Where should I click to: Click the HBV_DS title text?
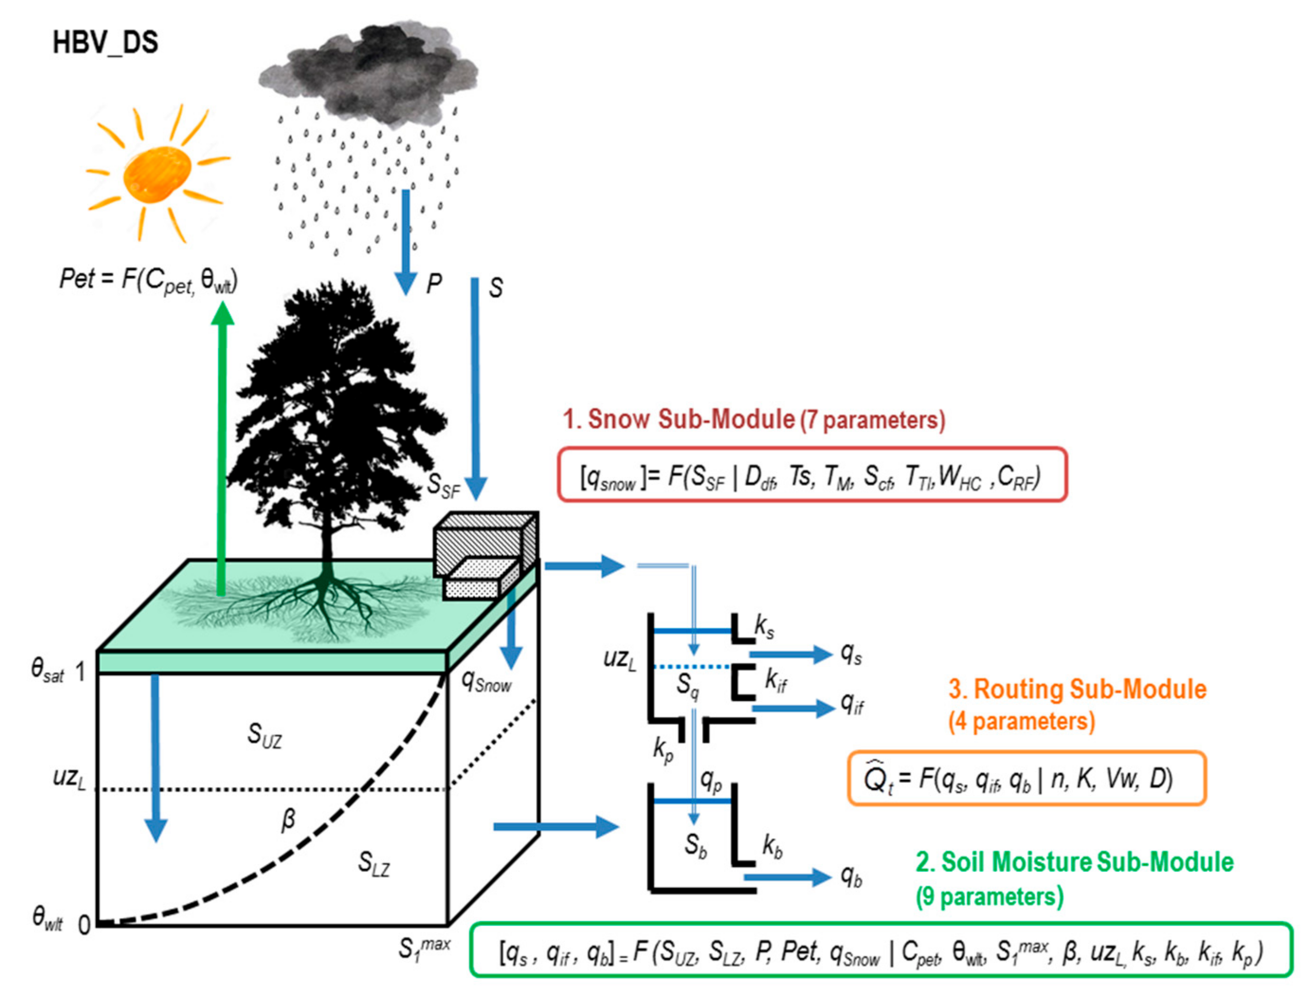[x=105, y=43]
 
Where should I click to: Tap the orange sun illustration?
[x=157, y=175]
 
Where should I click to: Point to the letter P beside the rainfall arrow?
[x=434, y=284]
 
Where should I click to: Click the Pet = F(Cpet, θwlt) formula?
[x=148, y=280]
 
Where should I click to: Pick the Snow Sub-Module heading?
[x=754, y=419]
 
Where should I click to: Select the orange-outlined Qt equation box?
[x=1026, y=778]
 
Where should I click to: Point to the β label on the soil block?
[x=288, y=820]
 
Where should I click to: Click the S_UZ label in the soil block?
[x=264, y=736]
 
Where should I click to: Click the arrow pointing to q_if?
[x=792, y=708]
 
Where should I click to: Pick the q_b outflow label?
[x=851, y=877]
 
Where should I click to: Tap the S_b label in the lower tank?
[x=696, y=846]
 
